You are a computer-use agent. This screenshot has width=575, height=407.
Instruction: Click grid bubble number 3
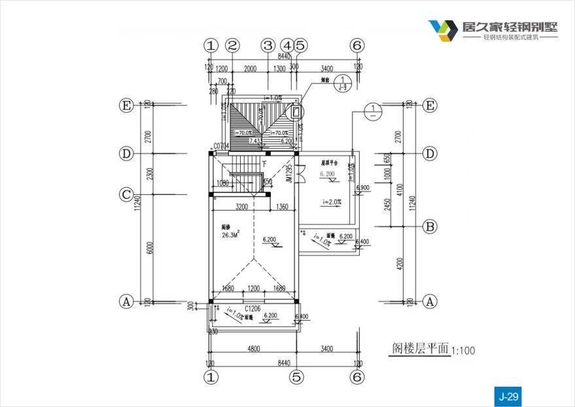[268, 46]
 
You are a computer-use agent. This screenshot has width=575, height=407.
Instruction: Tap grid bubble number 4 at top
[287, 46]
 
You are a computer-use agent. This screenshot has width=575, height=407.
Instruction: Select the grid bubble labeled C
[126, 194]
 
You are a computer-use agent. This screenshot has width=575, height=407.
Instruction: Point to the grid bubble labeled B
[430, 227]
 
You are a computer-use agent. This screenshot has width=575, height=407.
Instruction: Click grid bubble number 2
[232, 46]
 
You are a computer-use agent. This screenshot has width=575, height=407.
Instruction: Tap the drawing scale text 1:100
[463, 351]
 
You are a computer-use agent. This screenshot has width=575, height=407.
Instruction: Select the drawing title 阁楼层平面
[420, 348]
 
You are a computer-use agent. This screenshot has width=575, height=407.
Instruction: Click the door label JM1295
[288, 173]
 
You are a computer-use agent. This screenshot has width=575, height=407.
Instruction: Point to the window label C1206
[254, 308]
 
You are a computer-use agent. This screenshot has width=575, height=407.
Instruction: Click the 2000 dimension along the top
[250, 69]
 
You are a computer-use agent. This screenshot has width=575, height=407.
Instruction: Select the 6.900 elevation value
[362, 188]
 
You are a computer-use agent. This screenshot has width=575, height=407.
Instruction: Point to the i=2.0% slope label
[332, 202]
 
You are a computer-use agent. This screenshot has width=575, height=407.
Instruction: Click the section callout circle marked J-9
[342, 83]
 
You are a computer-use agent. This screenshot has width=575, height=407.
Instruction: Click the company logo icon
[444, 30]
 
